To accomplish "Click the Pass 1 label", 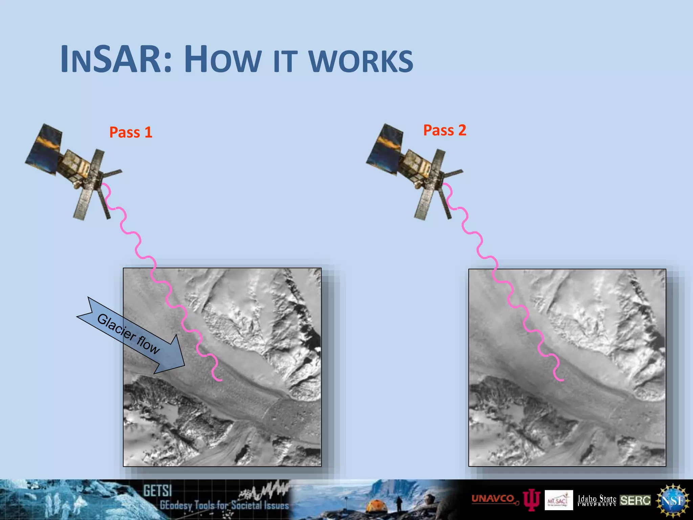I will point(131,132).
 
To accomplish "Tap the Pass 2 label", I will point(445,130).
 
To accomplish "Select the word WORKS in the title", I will point(361,62).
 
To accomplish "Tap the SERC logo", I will point(635,500).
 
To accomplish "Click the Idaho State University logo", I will point(597,500).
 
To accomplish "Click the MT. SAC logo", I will point(559,500).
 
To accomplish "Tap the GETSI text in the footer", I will point(157,491).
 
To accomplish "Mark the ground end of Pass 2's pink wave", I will point(562,380).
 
